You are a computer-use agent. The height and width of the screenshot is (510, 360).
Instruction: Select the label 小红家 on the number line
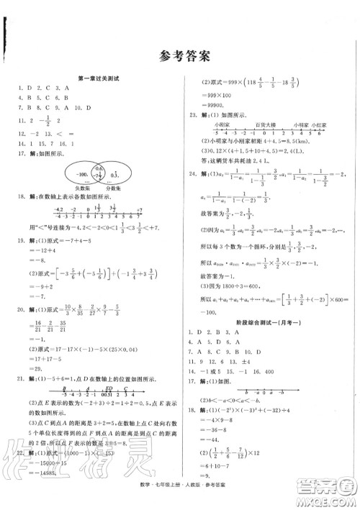[326, 124]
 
